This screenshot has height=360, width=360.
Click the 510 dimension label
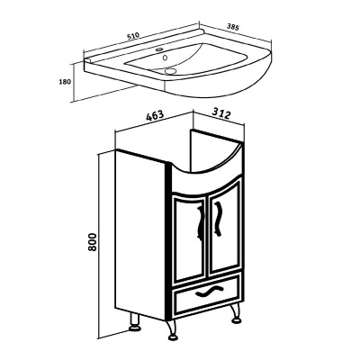pos(133,36)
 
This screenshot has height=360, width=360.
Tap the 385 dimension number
pos(232,27)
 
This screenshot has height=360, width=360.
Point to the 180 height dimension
pos(65,81)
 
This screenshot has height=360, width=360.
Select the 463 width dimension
pos(155,115)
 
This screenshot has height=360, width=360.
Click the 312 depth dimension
pos(221,113)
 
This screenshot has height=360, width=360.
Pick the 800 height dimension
pos(93,242)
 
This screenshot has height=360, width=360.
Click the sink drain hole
pos(170,71)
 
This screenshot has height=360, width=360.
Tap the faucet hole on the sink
pos(160,49)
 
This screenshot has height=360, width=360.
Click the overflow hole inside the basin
pos(165,57)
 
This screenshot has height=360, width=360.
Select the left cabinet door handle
pos(200,223)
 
